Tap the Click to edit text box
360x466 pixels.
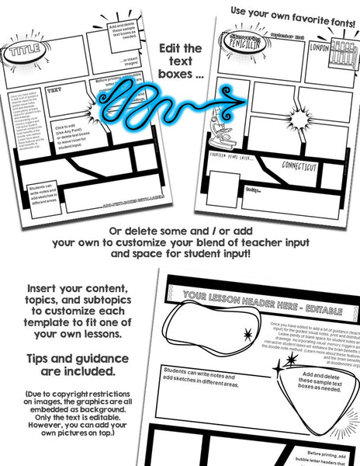[69, 134]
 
